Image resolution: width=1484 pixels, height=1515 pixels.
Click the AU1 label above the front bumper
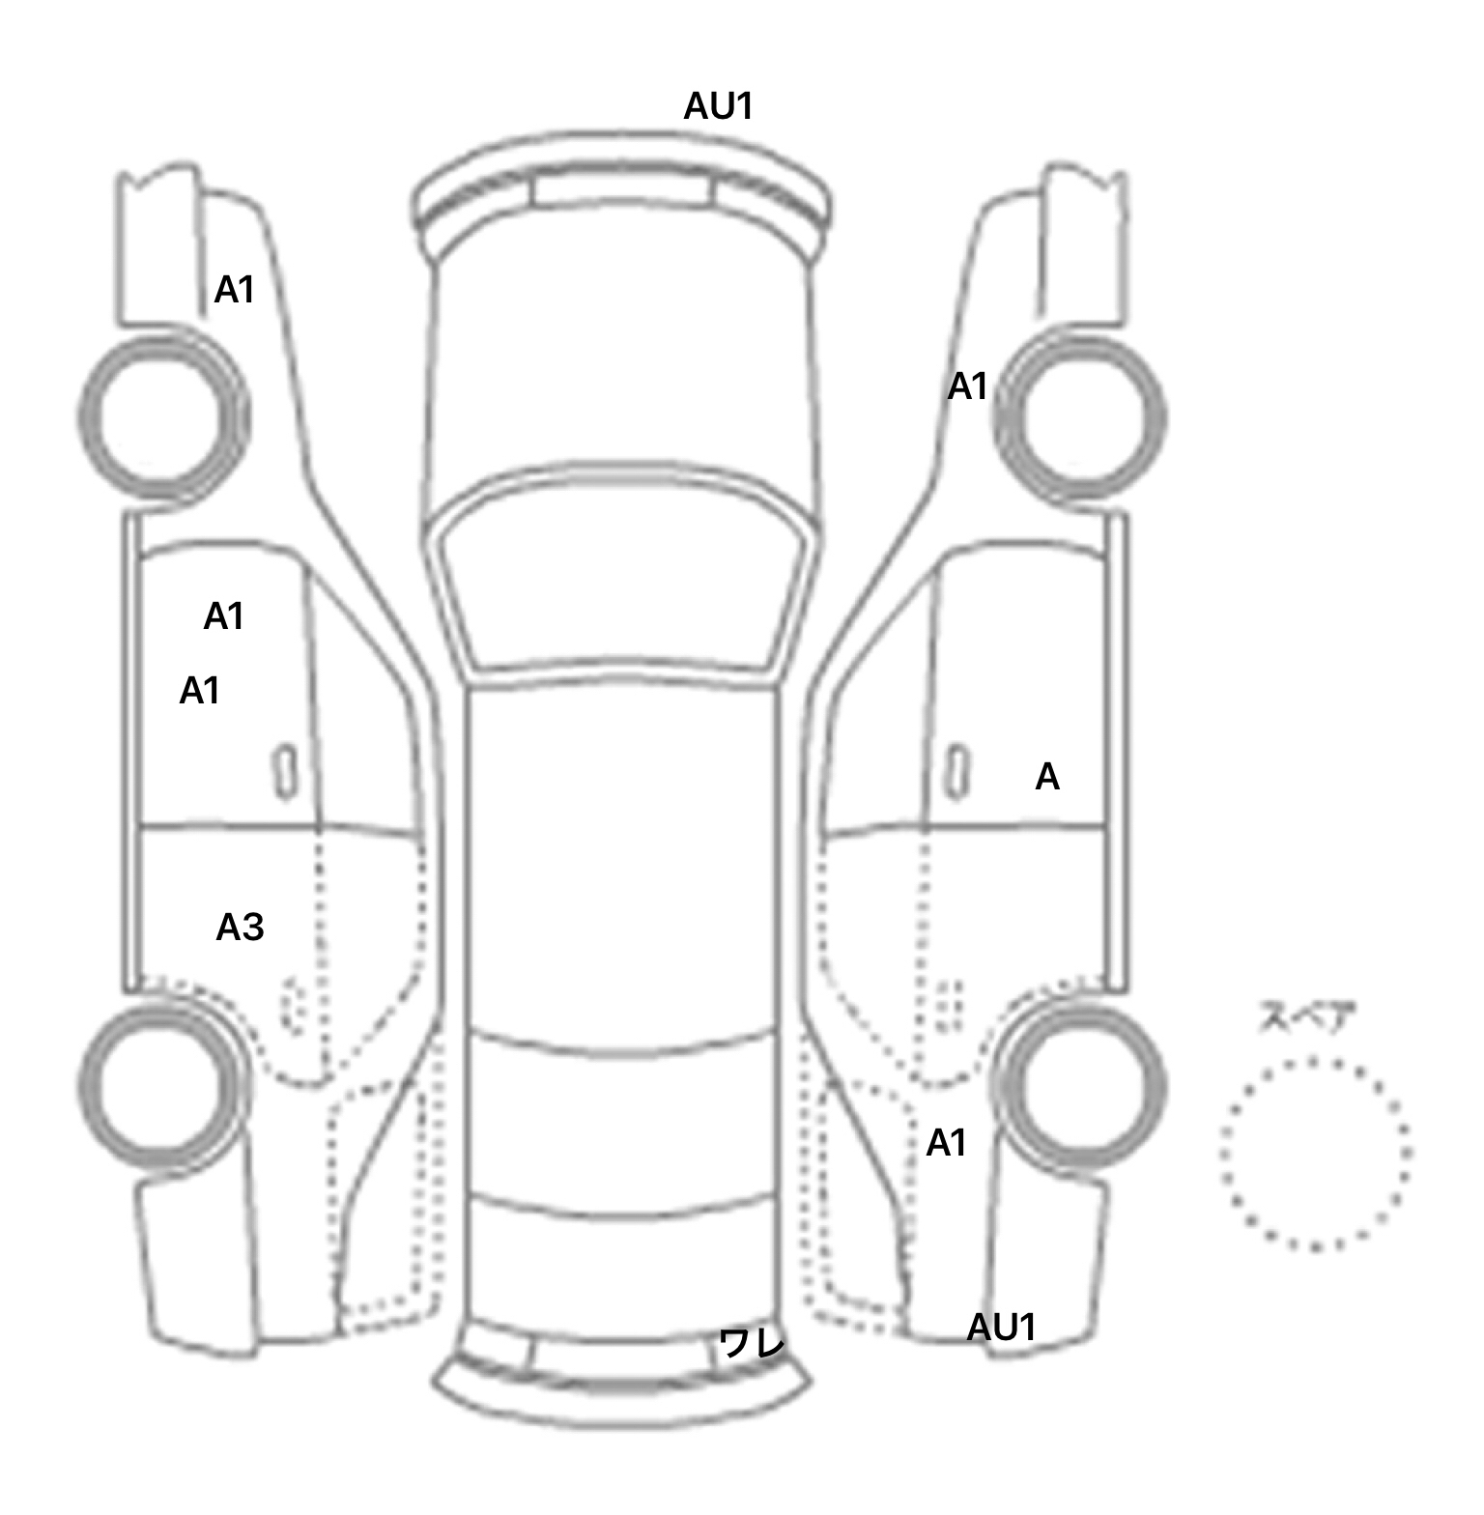coord(718,106)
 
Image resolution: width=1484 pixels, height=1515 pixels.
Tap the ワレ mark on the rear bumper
coord(751,1342)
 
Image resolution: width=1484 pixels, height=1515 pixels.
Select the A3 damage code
coord(240,928)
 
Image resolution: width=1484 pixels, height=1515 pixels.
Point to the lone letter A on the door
coord(1047,777)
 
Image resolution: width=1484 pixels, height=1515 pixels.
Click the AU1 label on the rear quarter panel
coord(1002,1328)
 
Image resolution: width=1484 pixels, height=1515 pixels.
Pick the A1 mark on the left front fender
coord(235,290)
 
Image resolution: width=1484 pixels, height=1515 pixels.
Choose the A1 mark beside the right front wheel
coord(968,386)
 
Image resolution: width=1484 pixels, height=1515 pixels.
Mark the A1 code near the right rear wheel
coord(947,1143)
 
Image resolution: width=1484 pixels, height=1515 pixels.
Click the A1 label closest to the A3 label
coord(200,691)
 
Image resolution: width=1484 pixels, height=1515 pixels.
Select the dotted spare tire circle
coord(1315,1153)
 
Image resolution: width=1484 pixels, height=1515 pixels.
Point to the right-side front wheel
coord(1080,417)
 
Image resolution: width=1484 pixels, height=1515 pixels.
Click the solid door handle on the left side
coord(284,771)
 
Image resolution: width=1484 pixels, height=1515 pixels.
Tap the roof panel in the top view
coord(623,860)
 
